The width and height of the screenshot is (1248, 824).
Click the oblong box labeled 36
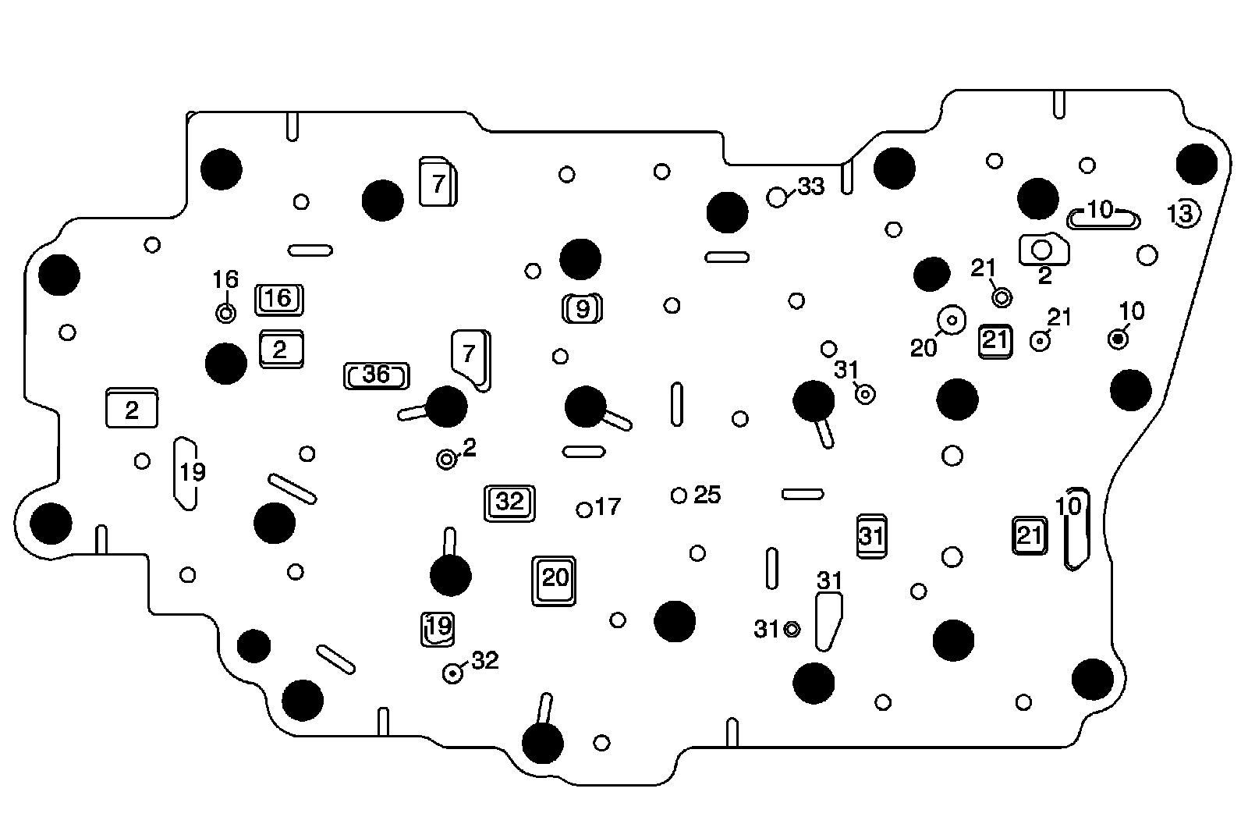(377, 375)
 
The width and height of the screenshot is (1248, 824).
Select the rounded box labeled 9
(583, 309)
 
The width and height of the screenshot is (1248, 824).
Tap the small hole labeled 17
(584, 510)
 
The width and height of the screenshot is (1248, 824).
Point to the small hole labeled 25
(679, 495)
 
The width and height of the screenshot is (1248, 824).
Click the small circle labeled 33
(777, 197)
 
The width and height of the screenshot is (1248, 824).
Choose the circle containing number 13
(1182, 213)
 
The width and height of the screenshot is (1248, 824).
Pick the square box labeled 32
(510, 503)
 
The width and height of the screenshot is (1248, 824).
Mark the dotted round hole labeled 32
(453, 673)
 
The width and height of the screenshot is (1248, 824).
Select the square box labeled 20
(555, 580)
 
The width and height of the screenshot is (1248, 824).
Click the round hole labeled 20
(952, 320)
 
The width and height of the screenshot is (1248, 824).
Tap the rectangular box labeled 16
(278, 299)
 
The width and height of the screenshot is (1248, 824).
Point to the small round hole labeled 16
(225, 314)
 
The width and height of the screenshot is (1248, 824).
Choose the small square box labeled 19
(438, 627)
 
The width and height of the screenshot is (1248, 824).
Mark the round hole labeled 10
(1119, 339)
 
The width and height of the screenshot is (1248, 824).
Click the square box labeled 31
(871, 536)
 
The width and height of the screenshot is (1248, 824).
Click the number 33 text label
(811, 187)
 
